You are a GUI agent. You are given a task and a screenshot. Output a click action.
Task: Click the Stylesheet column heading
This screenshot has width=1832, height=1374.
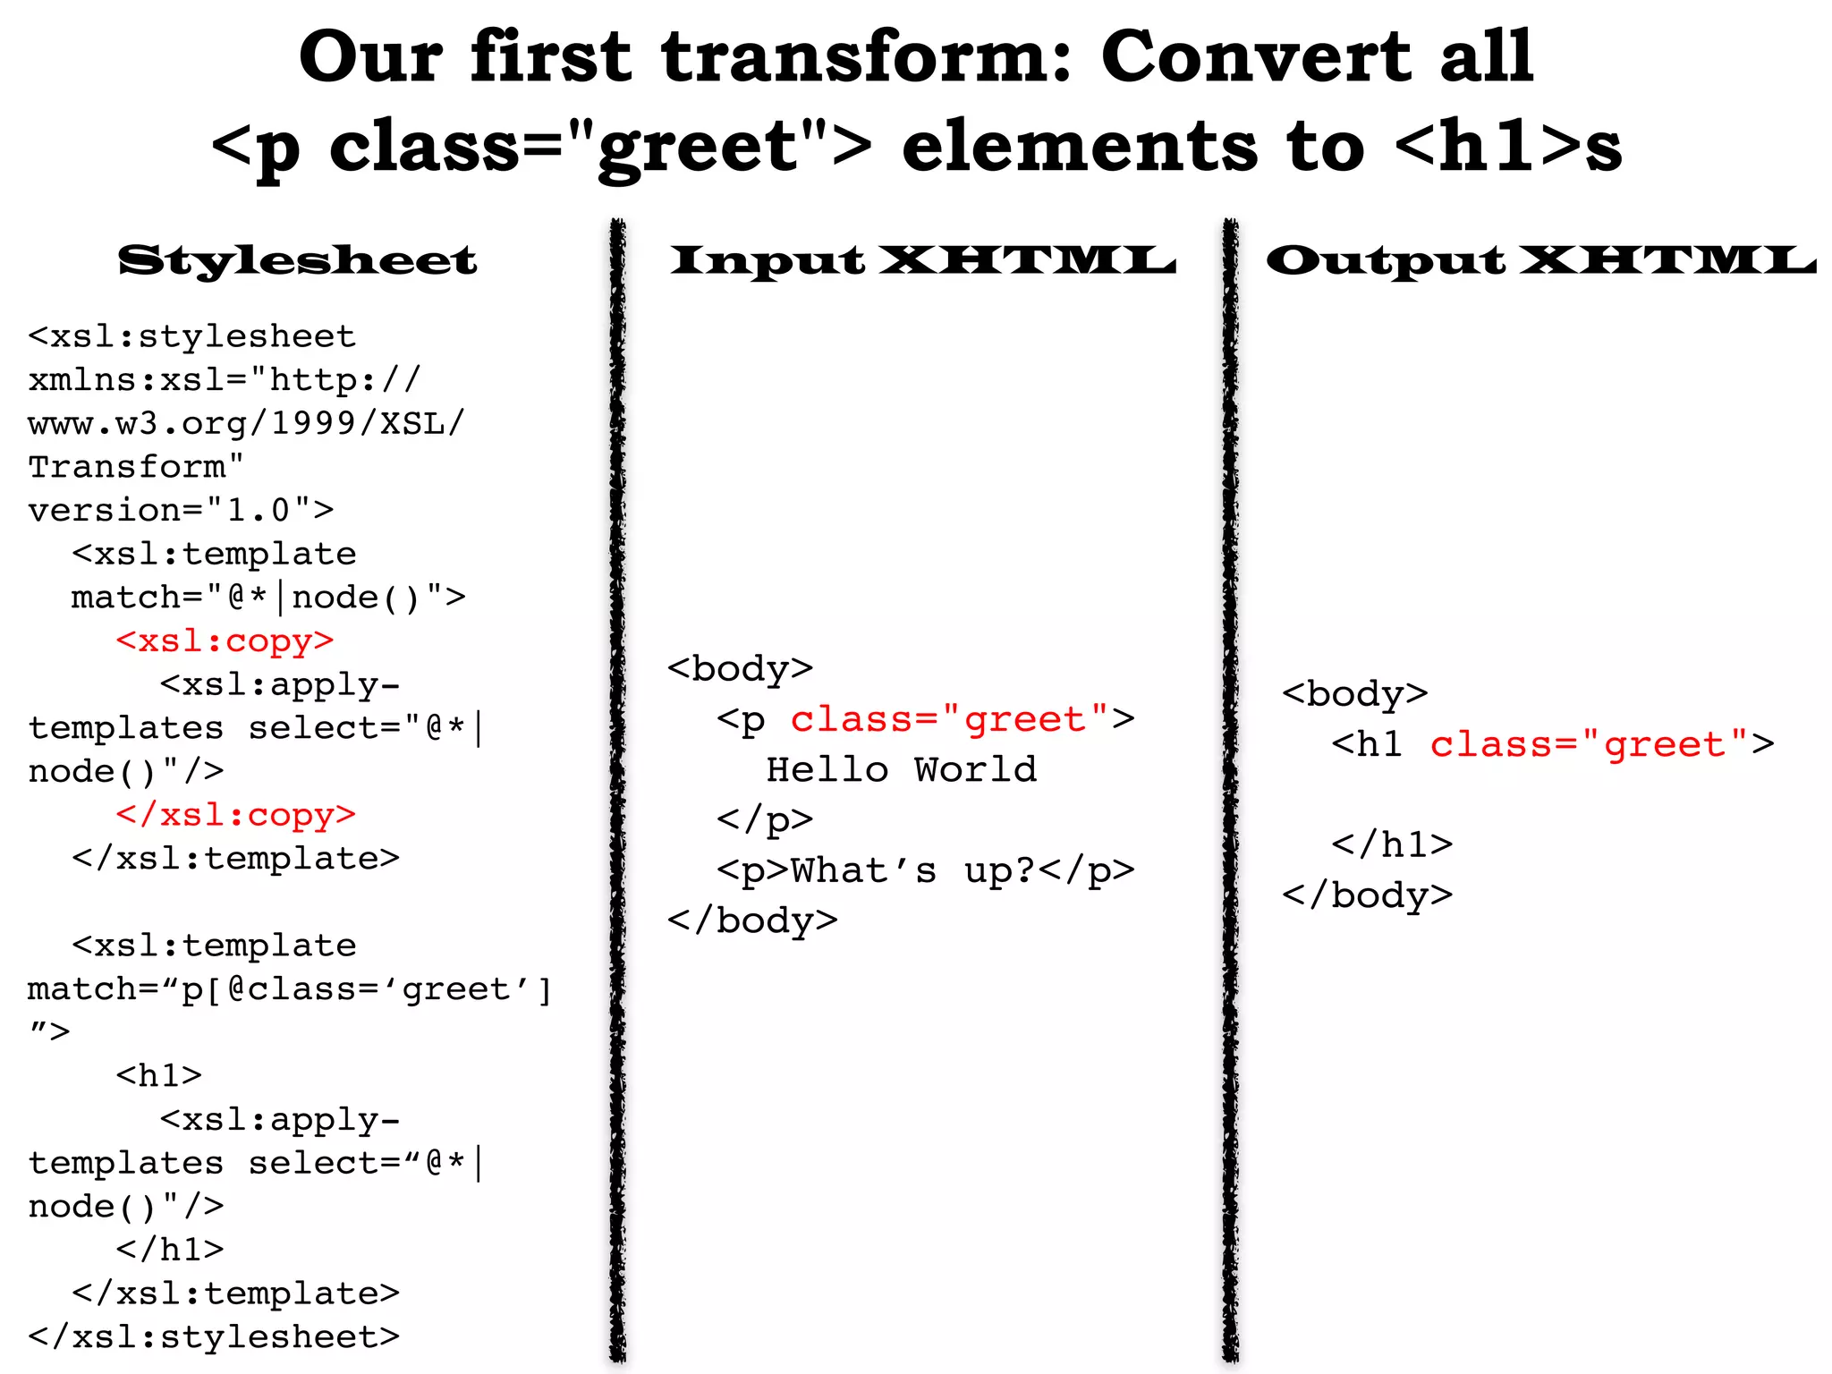coord(297,260)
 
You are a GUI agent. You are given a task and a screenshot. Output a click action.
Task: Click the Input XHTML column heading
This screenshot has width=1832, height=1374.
coord(922,260)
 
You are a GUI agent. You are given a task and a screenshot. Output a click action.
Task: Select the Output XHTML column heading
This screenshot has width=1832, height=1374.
coord(1540,260)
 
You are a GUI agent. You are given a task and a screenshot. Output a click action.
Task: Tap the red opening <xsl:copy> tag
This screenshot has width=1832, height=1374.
coord(225,640)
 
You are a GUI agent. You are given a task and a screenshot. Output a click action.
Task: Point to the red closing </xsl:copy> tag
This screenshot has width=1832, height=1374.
coord(235,815)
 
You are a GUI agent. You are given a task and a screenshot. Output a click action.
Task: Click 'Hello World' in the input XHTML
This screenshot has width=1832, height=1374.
coord(901,770)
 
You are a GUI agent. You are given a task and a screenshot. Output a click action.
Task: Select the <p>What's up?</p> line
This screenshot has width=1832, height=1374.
coord(925,870)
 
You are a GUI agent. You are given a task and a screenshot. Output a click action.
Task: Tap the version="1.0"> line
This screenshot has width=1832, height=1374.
coord(181,510)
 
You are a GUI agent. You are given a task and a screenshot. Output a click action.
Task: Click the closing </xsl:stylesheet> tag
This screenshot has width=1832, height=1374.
coord(214,1336)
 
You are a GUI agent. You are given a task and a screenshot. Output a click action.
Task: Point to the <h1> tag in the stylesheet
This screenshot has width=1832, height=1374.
coord(159,1075)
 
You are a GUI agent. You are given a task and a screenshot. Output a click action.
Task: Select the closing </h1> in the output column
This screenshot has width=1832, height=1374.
coord(1391,844)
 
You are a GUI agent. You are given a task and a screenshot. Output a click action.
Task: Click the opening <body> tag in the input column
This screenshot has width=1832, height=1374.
coord(740,669)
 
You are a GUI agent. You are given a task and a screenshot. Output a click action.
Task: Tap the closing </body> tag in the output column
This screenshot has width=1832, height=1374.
coord(1367,895)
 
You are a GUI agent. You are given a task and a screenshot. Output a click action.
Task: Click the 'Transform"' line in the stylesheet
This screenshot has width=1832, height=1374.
coord(136,467)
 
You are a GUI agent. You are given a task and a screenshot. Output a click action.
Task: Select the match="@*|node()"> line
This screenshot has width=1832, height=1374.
coord(268,598)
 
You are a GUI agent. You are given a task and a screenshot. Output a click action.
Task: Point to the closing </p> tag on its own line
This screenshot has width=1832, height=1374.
coord(764,819)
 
